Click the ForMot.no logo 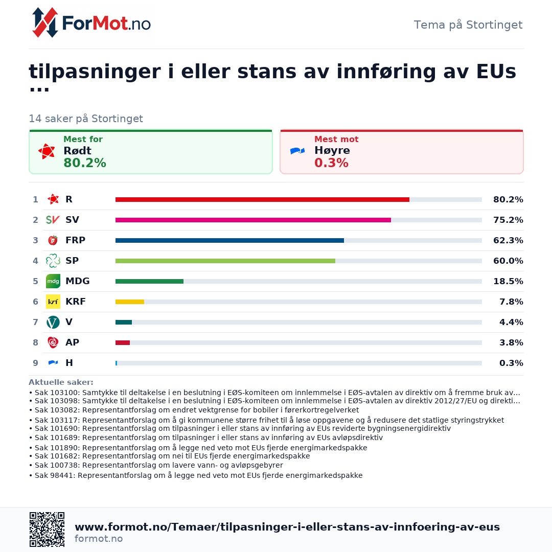[91, 23]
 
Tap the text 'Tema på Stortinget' [468, 25]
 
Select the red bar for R [262, 200]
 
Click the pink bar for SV [253, 220]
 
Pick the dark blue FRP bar [229, 240]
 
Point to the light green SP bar [225, 261]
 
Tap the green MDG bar [149, 281]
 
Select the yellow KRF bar [129, 302]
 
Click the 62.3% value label [508, 240]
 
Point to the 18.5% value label [508, 281]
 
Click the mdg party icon [53, 281]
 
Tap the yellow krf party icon [53, 302]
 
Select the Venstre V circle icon [53, 322]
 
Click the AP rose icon [53, 342]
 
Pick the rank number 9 [35, 363]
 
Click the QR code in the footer [47, 530]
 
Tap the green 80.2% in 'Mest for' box [85, 163]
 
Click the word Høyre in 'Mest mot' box [332, 151]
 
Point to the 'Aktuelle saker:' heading [61, 382]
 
